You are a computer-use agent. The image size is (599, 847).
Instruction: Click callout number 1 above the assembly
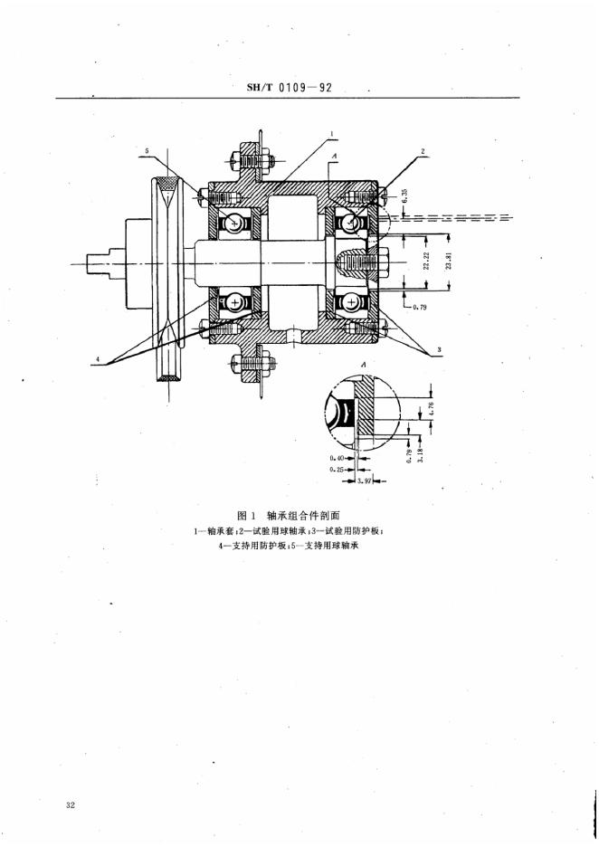331,133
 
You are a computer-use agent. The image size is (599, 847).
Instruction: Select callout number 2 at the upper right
423,151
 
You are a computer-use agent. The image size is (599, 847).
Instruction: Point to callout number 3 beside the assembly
440,348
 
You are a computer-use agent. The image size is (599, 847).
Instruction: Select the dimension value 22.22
426,262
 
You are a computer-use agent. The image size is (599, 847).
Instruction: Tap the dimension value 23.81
449,262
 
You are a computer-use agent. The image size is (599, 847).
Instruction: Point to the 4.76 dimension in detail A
432,407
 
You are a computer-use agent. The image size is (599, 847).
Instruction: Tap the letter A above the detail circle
363,363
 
